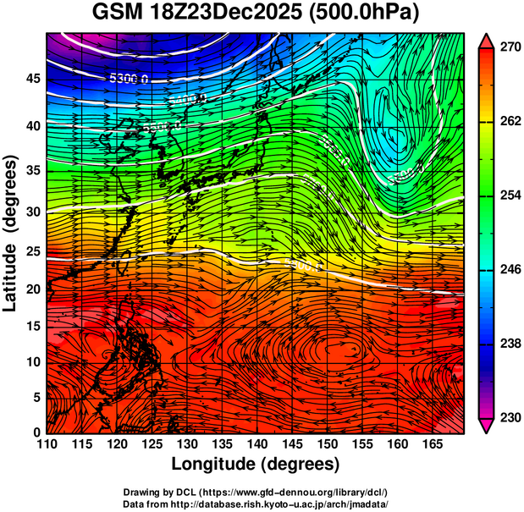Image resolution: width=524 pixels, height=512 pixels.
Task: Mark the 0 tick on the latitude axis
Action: (x=36, y=432)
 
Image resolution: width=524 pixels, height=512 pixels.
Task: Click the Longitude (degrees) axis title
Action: (x=256, y=465)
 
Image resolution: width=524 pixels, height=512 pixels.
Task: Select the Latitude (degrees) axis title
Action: (x=11, y=233)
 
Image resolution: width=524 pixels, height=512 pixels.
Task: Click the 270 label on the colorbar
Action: (x=509, y=48)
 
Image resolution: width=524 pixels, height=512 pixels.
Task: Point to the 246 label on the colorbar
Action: (x=509, y=270)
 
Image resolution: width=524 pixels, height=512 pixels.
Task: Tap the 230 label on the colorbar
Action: (x=509, y=417)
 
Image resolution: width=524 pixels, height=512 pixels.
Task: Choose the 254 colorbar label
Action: (x=509, y=196)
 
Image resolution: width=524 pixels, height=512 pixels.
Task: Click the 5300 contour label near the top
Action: (x=129, y=79)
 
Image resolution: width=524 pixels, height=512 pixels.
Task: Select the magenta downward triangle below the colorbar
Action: (x=486, y=426)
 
